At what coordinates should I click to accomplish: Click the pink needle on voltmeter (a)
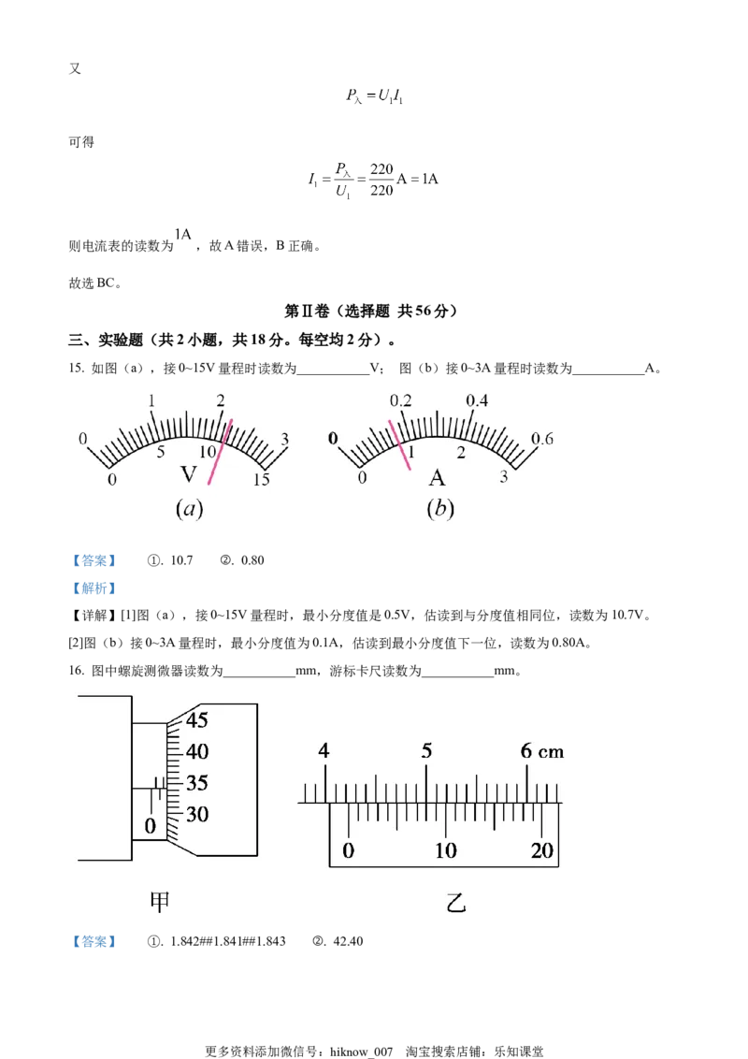(220, 452)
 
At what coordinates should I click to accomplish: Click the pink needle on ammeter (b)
(399, 445)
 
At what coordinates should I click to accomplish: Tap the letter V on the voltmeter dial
(189, 474)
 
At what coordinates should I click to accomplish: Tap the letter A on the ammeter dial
(437, 478)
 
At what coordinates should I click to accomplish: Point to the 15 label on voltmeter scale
(261, 480)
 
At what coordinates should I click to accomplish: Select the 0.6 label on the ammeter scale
(541, 439)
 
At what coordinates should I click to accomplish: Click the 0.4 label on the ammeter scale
(477, 400)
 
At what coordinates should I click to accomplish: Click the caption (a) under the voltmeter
(189, 509)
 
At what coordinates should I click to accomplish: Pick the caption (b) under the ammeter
(440, 508)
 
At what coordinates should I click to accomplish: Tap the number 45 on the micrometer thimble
(197, 720)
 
